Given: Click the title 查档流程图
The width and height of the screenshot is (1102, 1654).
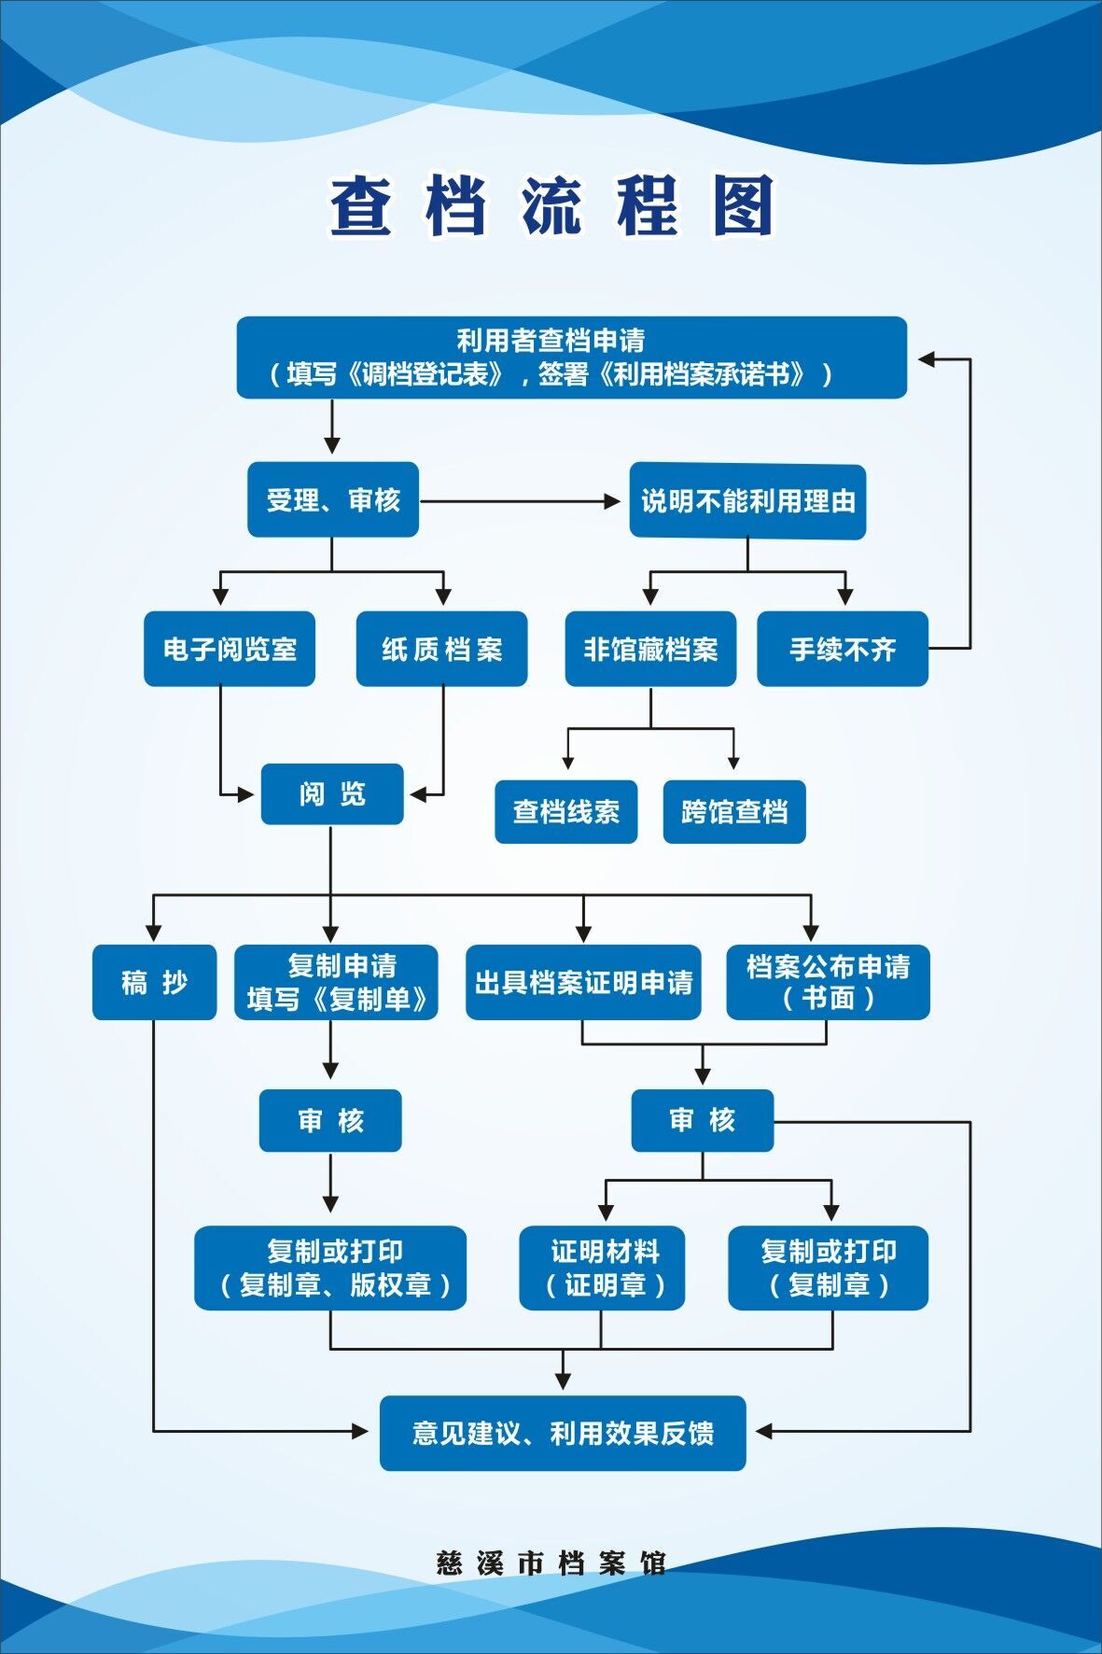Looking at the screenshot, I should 551,205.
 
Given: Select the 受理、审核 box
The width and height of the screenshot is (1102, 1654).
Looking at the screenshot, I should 332,500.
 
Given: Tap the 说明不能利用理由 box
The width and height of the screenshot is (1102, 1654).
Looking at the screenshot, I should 747,501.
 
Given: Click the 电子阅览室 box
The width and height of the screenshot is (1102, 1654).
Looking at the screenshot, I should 230,649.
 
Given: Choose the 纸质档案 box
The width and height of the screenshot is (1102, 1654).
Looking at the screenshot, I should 441,649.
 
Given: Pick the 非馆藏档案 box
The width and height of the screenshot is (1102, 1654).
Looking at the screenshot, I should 650,649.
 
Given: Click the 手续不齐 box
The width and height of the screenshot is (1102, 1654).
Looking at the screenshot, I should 842,649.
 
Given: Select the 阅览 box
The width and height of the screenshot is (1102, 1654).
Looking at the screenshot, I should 332,794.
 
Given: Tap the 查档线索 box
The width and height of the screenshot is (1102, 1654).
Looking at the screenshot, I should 565,812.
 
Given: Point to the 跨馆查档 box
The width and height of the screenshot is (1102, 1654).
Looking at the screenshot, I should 733,812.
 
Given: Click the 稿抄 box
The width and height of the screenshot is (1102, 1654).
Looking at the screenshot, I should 154,982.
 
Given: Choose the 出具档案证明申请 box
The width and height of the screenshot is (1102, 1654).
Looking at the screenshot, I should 583,982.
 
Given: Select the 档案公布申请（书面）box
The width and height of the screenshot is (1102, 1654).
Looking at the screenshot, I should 828,982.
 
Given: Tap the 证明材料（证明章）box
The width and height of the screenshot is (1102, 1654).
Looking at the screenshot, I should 602,1268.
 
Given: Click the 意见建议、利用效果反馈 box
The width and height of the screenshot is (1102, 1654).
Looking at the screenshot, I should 563,1433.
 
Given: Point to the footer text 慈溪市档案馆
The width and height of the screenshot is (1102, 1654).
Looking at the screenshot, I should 551,1563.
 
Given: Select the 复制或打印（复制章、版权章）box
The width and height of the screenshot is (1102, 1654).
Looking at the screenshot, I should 330,1268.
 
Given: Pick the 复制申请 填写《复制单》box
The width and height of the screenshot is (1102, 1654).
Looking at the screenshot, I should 336,982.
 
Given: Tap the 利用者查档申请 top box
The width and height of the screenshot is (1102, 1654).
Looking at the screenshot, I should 571,357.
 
